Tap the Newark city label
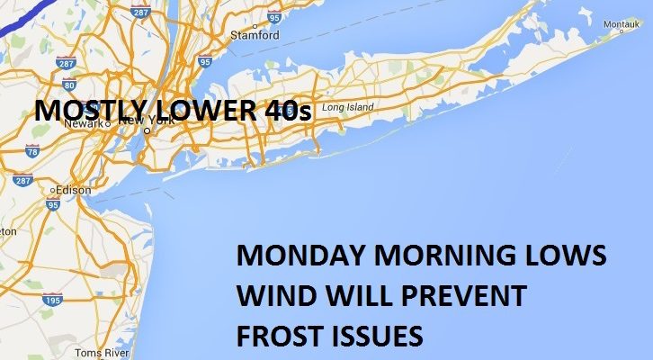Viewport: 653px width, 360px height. (x=78, y=123)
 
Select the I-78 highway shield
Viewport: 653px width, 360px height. (x=34, y=153)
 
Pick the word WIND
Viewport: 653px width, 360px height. (x=269, y=295)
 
